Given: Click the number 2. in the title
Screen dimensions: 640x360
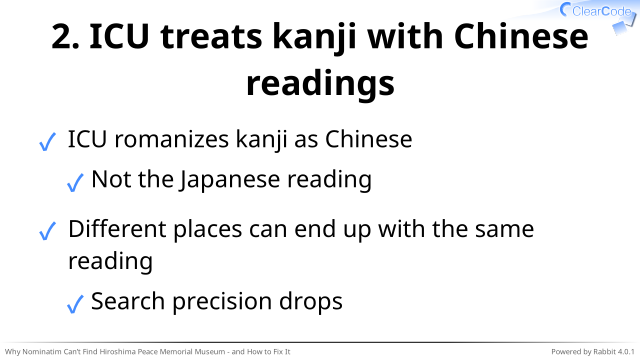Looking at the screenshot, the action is coord(65,37).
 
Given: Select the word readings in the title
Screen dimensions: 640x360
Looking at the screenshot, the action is coord(320,84).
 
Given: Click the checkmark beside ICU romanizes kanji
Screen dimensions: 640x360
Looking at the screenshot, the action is coord(47,142).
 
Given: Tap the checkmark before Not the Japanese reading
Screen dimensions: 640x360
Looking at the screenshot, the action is coord(75,182).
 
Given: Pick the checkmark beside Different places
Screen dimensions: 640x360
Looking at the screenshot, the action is coord(47,231).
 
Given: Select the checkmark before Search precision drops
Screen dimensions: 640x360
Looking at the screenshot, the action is coord(75,304).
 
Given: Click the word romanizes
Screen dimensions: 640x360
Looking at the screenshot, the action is coord(171,140).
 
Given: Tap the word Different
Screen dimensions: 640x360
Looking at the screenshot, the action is coord(117,229).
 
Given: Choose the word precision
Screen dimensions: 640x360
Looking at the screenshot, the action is coord(222,302).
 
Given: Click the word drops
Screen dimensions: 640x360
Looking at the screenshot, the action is coord(311,302).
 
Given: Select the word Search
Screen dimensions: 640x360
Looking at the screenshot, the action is coord(128,301).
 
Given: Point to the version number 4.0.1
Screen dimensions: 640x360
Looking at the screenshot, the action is coord(626,352).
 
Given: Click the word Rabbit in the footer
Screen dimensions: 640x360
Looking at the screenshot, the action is coord(604,352).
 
